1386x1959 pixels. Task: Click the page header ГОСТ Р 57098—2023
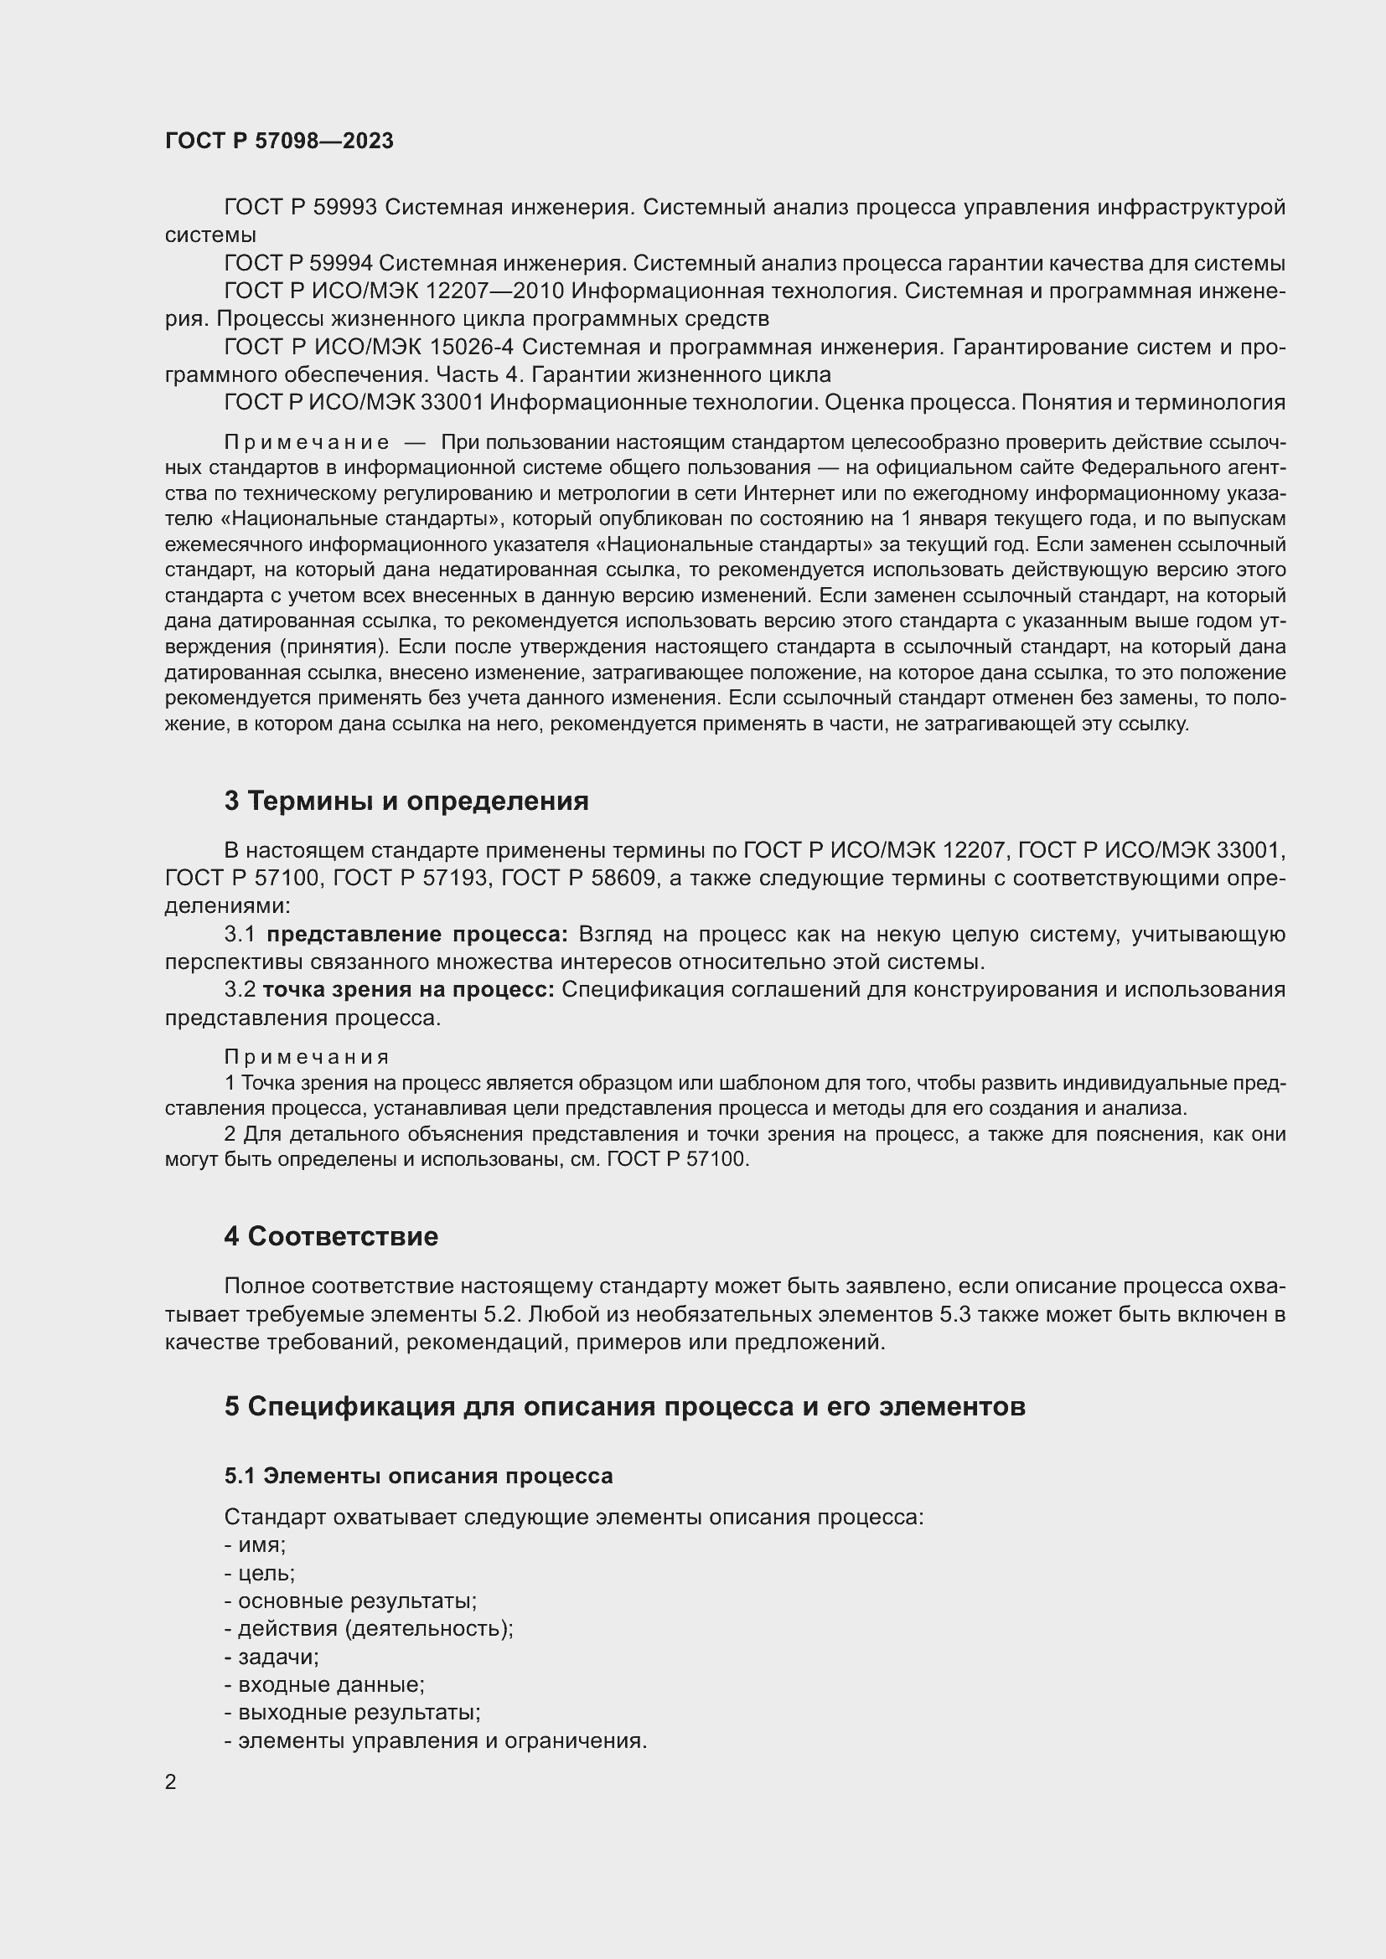pos(279,141)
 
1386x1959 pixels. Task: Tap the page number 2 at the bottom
pos(171,1781)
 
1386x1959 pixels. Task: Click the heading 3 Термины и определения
pos(406,802)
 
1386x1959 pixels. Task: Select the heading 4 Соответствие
pos(331,1236)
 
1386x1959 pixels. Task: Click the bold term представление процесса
pos(416,935)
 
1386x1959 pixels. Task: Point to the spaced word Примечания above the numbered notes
pos(307,1057)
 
